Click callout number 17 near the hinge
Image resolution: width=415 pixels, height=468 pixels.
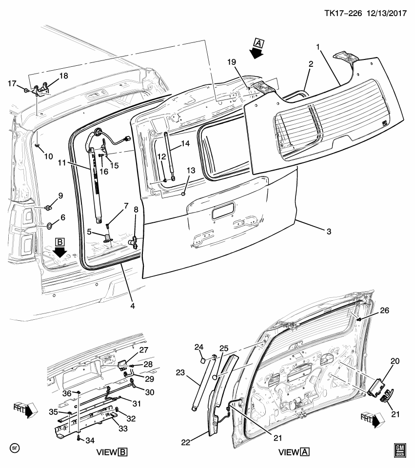click(13, 83)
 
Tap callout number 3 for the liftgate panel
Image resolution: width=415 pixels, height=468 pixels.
click(329, 232)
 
